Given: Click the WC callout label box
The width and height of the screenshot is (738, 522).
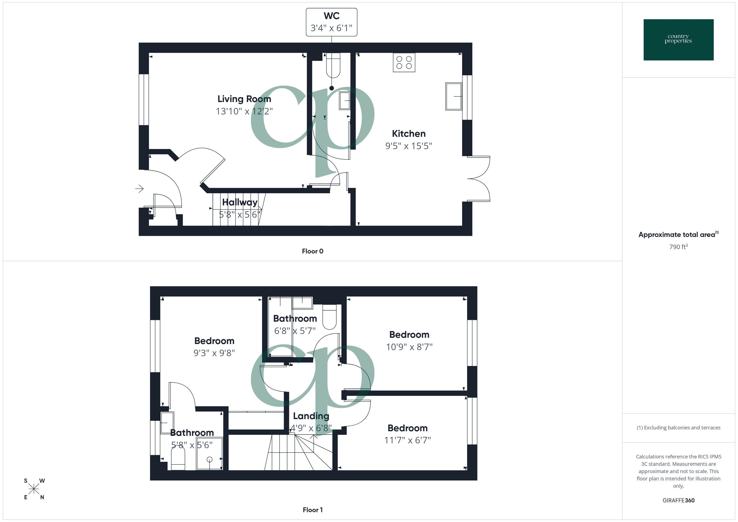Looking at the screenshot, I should coord(331,22).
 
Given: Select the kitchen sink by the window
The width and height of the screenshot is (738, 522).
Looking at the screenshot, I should coord(454,96).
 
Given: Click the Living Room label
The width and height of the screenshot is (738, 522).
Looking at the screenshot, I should coord(244,99).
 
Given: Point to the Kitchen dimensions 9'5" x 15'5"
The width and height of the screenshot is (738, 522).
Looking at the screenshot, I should coord(409,146).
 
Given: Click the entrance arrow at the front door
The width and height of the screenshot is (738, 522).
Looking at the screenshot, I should coord(140,189).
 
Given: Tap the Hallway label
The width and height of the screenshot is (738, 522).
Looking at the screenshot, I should coord(240,202).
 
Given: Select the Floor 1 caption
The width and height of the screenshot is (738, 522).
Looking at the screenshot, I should coord(313,510).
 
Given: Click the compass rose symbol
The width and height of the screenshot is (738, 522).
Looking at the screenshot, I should coord(34,489).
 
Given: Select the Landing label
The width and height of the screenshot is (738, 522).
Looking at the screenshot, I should coord(311,416).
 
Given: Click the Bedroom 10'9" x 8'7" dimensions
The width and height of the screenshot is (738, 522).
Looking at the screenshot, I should coord(409,347).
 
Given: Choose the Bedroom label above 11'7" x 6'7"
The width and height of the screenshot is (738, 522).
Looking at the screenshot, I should coord(407,428).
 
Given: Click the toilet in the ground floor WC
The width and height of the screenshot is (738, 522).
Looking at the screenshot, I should coord(333,66).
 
